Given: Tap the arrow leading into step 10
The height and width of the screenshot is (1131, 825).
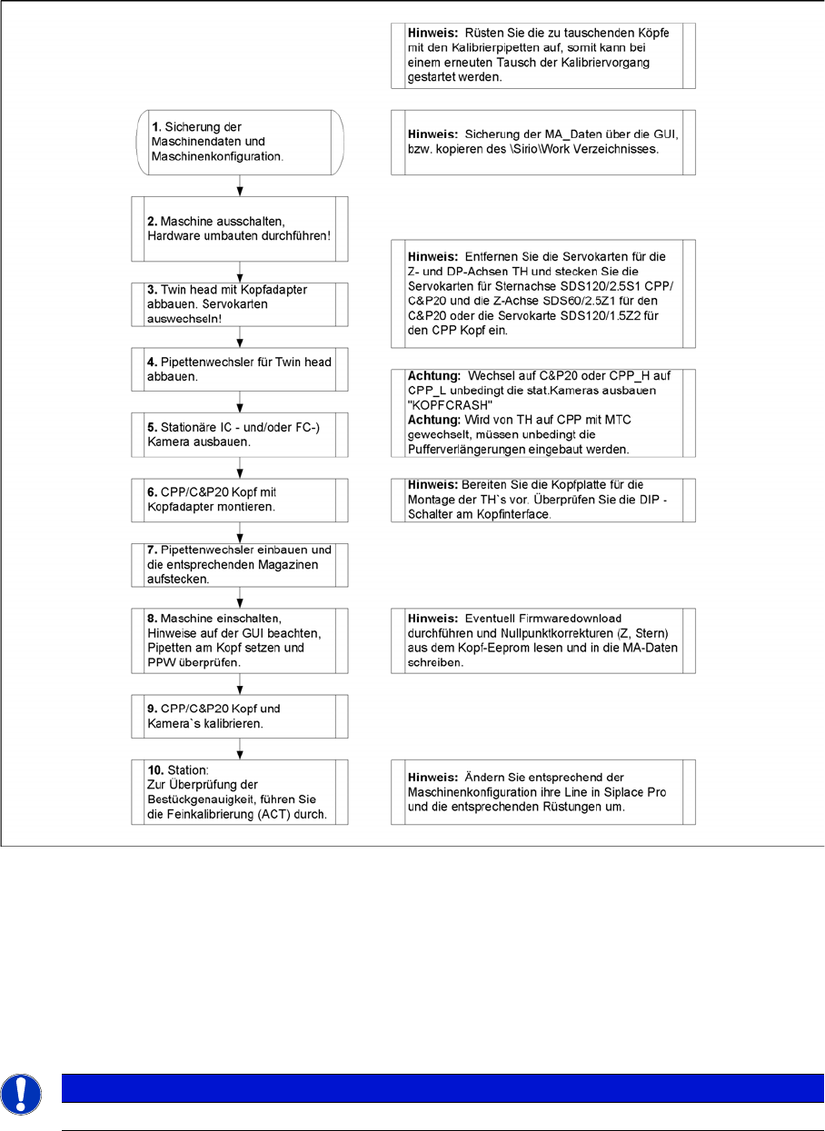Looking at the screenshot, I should click(x=240, y=749).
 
